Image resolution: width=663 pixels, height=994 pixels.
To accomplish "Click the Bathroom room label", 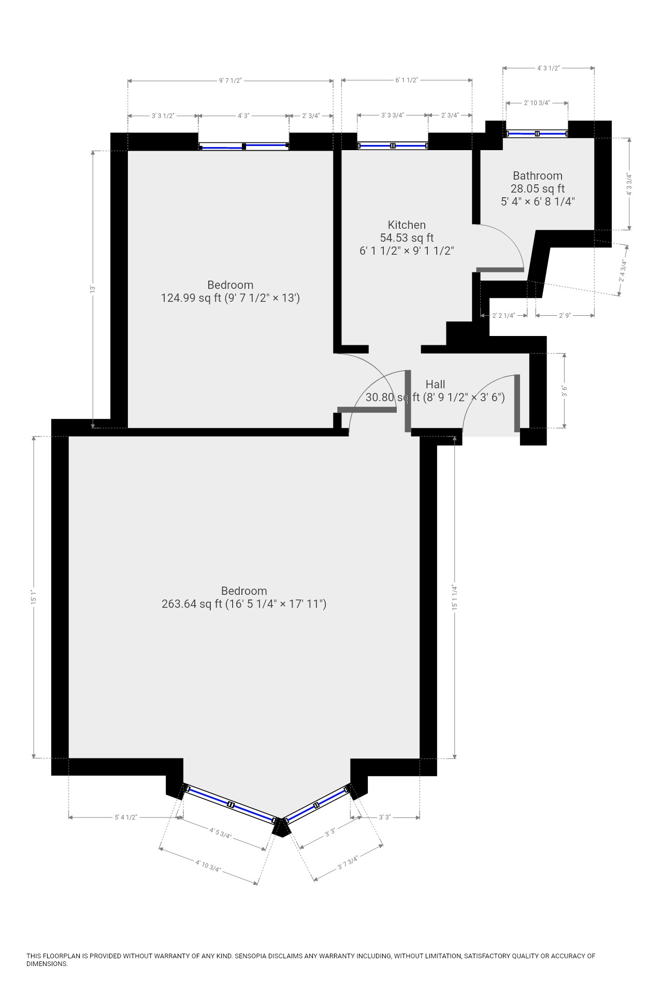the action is [x=538, y=176].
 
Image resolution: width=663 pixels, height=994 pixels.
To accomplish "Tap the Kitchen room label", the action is [x=407, y=225].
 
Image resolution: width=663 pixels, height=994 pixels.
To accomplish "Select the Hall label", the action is [x=435, y=384].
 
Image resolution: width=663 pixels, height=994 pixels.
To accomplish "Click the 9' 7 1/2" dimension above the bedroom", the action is [x=230, y=80].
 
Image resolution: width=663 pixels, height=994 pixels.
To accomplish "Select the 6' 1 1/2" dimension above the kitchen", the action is [x=407, y=80].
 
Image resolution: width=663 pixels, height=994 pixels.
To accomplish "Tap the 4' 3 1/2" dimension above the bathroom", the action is [x=549, y=68].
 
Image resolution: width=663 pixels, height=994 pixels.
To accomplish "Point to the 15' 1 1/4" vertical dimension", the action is [x=455, y=597].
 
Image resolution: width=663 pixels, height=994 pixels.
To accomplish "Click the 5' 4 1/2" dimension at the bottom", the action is [x=126, y=817].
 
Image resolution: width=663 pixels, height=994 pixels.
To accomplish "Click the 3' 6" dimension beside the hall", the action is [x=564, y=391].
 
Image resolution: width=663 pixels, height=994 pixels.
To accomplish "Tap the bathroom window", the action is [x=537, y=134].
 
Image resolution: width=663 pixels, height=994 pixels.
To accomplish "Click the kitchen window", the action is [x=393, y=146].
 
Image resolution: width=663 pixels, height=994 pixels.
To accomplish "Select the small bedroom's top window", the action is [x=243, y=147].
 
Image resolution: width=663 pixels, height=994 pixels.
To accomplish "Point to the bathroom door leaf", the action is [x=500, y=269].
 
